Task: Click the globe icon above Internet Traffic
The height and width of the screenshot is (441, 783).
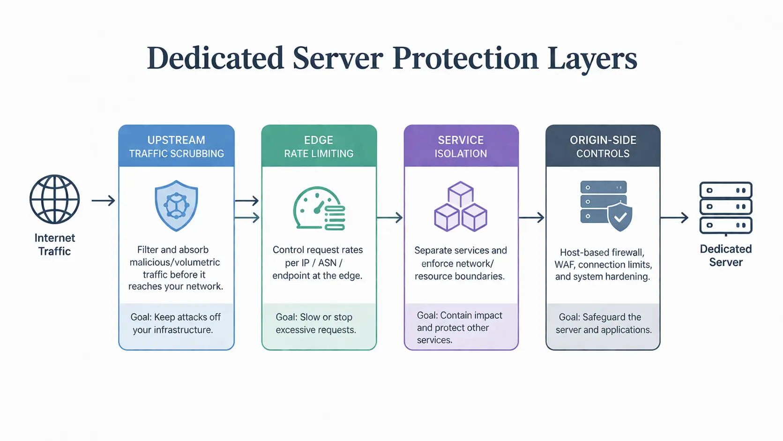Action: tap(54, 199)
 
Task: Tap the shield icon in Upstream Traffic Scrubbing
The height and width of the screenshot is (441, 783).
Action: tap(176, 206)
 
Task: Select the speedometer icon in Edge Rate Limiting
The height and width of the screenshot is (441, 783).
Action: tap(319, 209)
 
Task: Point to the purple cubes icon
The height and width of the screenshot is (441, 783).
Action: tap(461, 207)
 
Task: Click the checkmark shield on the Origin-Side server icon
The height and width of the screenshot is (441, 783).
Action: tap(620, 217)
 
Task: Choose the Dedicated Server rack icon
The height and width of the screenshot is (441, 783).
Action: tap(725, 208)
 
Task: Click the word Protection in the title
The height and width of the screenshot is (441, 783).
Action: tap(465, 59)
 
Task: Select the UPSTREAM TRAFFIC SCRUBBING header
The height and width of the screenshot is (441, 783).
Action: tap(176, 147)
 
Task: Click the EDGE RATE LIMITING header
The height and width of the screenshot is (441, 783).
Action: tap(319, 147)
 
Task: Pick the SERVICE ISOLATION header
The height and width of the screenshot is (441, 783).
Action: tap(461, 147)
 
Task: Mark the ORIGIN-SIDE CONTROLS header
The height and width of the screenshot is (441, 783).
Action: tap(603, 147)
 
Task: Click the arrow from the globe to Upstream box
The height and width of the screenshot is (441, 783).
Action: tap(103, 201)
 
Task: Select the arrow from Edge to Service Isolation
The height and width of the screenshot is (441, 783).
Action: tap(390, 217)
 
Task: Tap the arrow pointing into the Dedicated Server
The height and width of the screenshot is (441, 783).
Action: tap(674, 217)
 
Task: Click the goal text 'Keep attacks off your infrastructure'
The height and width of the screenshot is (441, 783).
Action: tap(176, 323)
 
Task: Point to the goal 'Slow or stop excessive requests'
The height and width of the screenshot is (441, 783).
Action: tap(315, 323)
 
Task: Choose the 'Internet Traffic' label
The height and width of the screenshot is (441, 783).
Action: tap(54, 245)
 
